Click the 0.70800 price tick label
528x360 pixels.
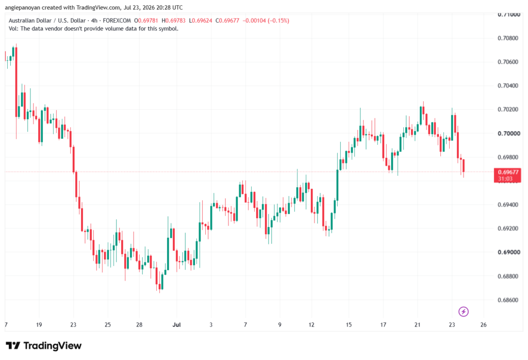(x=508, y=38)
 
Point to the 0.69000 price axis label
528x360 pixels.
(x=508, y=252)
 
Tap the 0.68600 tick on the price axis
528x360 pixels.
(x=508, y=300)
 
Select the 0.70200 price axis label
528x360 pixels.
(x=508, y=109)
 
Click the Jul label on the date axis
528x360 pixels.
(x=176, y=324)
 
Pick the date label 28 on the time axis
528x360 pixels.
(x=139, y=324)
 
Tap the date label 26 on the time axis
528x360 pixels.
(x=484, y=324)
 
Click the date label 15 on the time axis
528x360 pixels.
(x=349, y=324)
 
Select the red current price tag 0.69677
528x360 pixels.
(x=507, y=175)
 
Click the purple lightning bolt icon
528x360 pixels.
(x=464, y=312)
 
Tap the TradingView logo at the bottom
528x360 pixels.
(x=44, y=346)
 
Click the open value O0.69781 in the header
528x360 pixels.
(x=146, y=21)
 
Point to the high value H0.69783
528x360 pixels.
(x=173, y=21)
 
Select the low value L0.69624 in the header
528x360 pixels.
(x=201, y=21)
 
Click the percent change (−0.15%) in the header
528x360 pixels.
(x=278, y=21)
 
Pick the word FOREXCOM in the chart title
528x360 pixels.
(x=117, y=21)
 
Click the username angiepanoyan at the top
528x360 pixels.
(x=22, y=8)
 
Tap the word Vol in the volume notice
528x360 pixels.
(x=13, y=29)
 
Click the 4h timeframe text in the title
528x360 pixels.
(x=94, y=21)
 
